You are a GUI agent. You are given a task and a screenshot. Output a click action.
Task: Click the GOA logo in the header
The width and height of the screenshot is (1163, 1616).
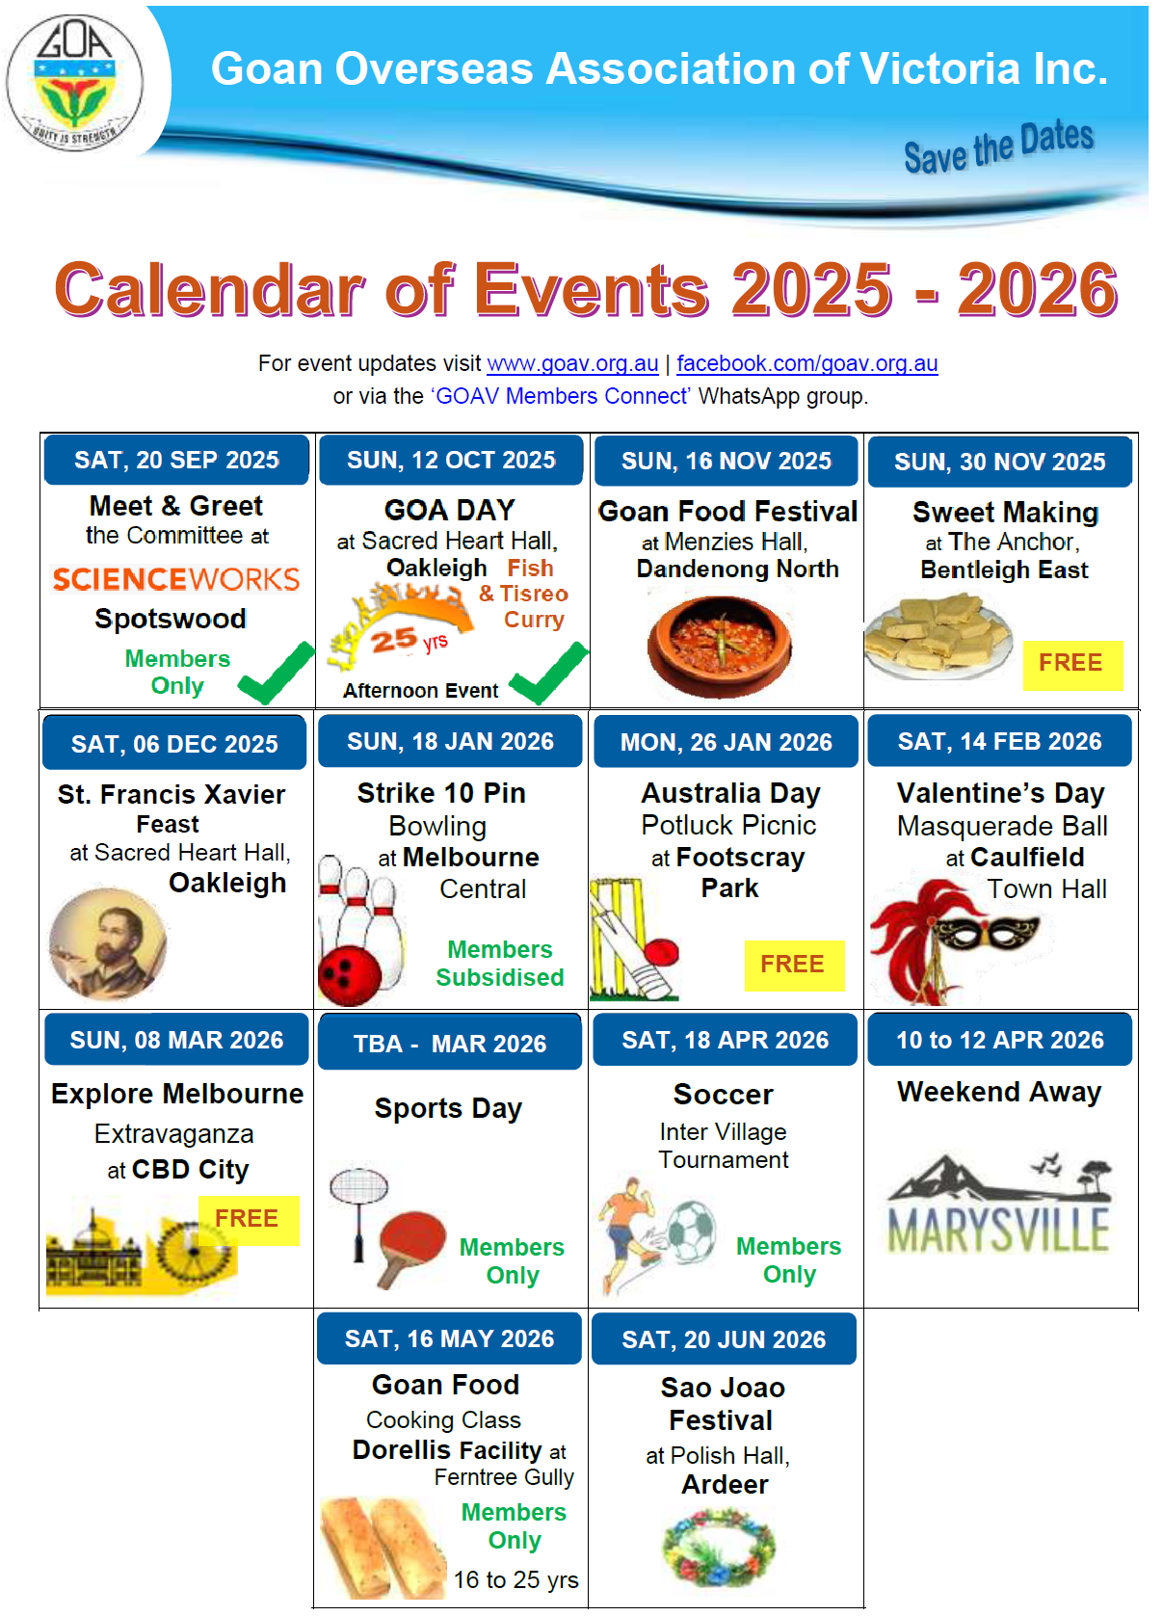click(74, 82)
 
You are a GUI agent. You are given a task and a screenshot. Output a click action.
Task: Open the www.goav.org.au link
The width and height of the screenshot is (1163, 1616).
click(573, 363)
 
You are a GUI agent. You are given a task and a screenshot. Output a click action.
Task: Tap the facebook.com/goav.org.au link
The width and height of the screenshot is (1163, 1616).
click(807, 363)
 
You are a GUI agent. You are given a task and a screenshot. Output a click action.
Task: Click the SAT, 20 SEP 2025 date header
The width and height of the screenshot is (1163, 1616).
click(176, 461)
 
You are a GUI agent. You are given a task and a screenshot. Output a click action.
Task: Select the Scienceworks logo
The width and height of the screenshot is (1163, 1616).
click(176, 579)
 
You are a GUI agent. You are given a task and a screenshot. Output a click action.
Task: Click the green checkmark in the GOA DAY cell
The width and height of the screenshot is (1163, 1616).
click(549, 673)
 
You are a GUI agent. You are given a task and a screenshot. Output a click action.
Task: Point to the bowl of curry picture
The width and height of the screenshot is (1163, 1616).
click(720, 647)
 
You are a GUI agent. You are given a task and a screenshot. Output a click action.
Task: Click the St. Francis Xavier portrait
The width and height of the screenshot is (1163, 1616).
click(108, 944)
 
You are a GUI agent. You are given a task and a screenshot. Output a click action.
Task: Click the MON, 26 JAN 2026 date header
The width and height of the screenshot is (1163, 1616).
click(726, 742)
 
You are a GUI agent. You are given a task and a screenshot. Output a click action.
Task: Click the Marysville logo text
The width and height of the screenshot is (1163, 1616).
click(998, 1231)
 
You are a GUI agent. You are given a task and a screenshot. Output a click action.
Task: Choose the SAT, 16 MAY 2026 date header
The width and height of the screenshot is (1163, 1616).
click(449, 1339)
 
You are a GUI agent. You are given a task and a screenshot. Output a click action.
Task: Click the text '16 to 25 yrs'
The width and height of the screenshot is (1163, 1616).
click(515, 1580)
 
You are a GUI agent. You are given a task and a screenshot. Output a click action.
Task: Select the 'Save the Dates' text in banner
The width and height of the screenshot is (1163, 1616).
click(999, 146)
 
